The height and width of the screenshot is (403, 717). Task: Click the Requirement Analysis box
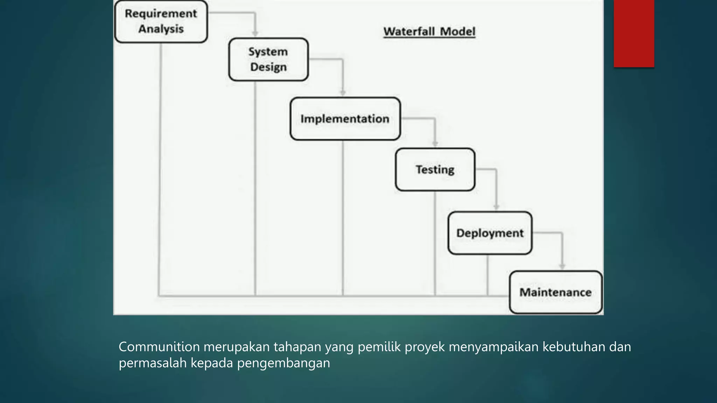(x=161, y=21)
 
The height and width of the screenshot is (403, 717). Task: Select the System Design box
(x=269, y=59)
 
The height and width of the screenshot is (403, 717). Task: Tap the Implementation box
(x=345, y=119)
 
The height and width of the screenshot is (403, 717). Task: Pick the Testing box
(x=435, y=170)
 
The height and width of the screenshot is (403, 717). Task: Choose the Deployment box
(x=490, y=233)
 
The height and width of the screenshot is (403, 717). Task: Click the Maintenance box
(x=556, y=292)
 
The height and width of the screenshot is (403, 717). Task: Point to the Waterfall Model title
(x=429, y=31)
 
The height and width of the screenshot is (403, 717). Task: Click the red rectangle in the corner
(x=634, y=33)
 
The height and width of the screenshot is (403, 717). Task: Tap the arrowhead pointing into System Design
(x=255, y=34)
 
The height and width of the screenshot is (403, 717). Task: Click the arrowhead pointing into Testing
(x=435, y=144)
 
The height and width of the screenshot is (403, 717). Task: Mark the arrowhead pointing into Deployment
(x=496, y=207)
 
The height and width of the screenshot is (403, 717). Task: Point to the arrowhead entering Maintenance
(x=562, y=267)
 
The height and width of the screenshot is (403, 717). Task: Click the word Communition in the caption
(x=159, y=347)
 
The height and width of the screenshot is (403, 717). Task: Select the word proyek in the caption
(x=425, y=347)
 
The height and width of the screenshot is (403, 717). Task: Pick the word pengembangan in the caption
(x=284, y=363)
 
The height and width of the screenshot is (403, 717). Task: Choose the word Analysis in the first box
(x=161, y=29)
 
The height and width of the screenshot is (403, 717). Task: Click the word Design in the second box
(x=269, y=67)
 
